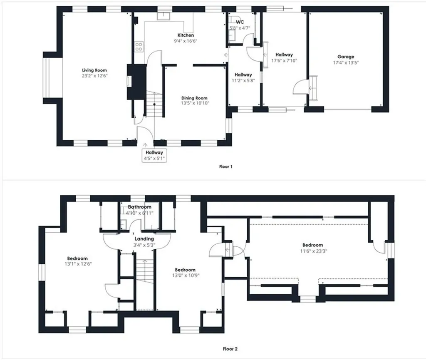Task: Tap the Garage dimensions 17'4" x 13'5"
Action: [x=346, y=63]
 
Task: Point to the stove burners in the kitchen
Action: [x=139, y=47]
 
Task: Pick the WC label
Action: [x=240, y=22]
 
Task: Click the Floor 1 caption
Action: [x=226, y=166]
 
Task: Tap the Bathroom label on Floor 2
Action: [x=139, y=207]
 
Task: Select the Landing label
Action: [x=144, y=239]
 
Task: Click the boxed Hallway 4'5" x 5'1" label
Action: [x=154, y=155]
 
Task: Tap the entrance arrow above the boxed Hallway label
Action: [x=145, y=144]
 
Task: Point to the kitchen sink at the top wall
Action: [x=165, y=16]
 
